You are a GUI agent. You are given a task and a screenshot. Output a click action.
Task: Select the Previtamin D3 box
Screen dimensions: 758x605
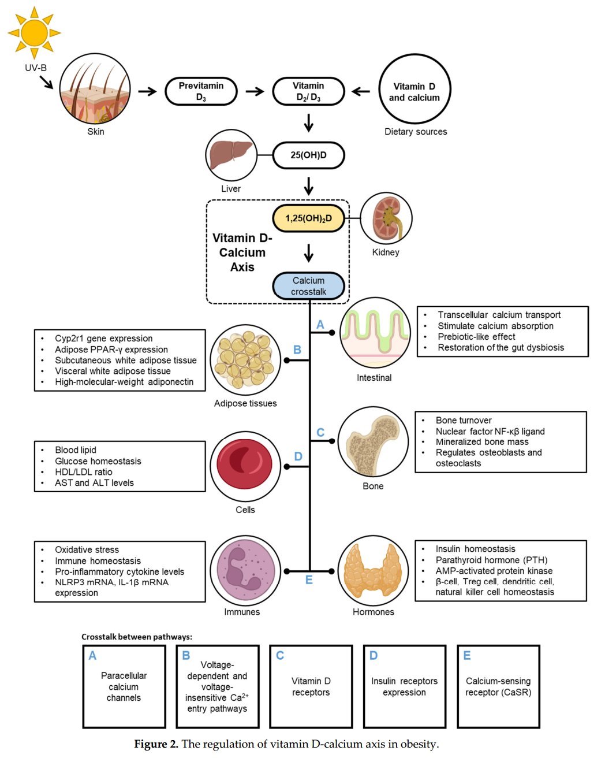tap(201, 91)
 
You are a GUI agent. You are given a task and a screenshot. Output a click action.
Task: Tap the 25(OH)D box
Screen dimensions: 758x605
tap(308, 155)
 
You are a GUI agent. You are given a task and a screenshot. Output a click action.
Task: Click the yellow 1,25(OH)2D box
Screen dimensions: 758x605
tap(308, 218)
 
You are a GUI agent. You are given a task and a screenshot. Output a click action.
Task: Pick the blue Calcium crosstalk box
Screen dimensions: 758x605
tap(308, 286)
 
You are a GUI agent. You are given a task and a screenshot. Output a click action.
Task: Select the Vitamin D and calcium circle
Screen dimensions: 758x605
tap(414, 91)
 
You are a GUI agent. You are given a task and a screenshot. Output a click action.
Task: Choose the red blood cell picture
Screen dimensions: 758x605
tap(245, 466)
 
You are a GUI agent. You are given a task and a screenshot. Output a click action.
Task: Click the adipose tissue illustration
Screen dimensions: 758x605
tap(245, 359)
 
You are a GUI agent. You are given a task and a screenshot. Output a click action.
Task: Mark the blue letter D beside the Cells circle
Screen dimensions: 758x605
tap(298, 456)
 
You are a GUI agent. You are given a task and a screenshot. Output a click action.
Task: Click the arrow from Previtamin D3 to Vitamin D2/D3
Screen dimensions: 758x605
tap(255, 91)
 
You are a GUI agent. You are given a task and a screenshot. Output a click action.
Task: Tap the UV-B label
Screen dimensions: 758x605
tap(36, 68)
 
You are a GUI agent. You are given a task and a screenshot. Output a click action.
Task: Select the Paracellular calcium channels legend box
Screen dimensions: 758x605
tap(124, 686)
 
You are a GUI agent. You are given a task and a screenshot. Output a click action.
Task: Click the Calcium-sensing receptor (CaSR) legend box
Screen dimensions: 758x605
tap(498, 686)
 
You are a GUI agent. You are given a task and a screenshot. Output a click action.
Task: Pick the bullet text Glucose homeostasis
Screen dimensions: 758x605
tap(98, 461)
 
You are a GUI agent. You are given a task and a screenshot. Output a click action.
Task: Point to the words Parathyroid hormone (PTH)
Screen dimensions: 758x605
tap(491, 560)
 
